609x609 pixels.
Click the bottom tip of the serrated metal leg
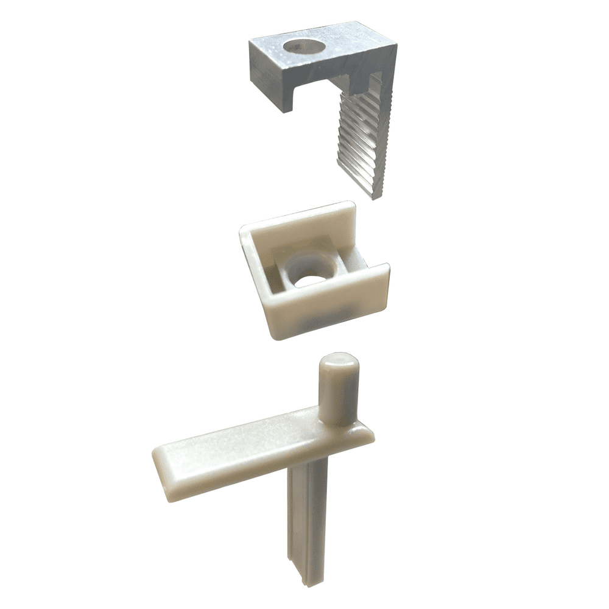375,194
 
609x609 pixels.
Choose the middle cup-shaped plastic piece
314,271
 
